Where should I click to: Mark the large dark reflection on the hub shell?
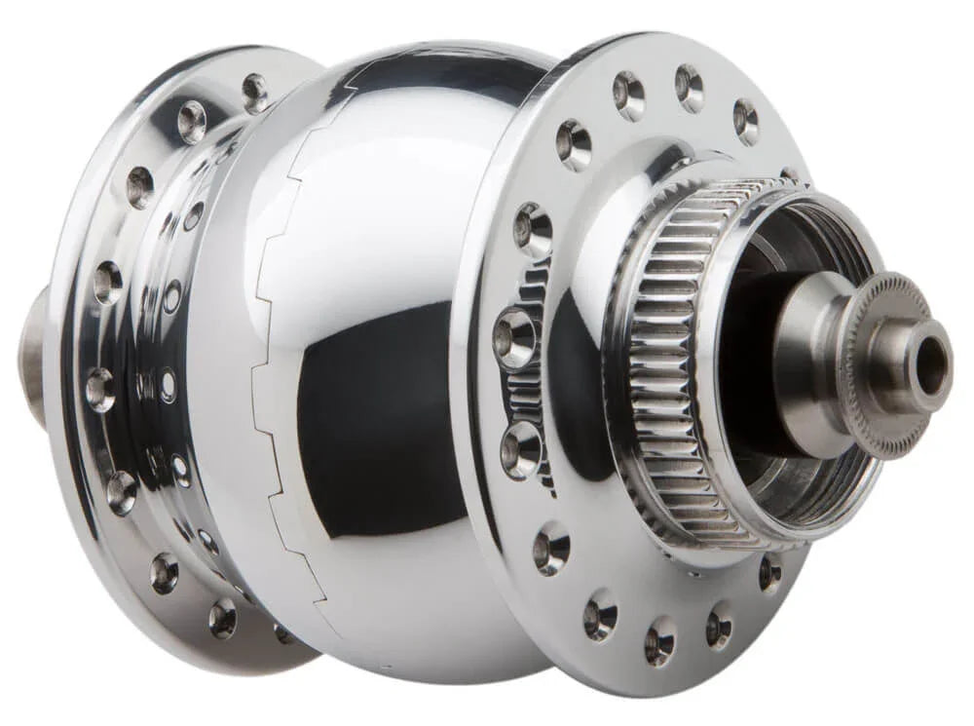coord(380,419)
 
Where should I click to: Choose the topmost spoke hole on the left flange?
coord(255,92)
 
